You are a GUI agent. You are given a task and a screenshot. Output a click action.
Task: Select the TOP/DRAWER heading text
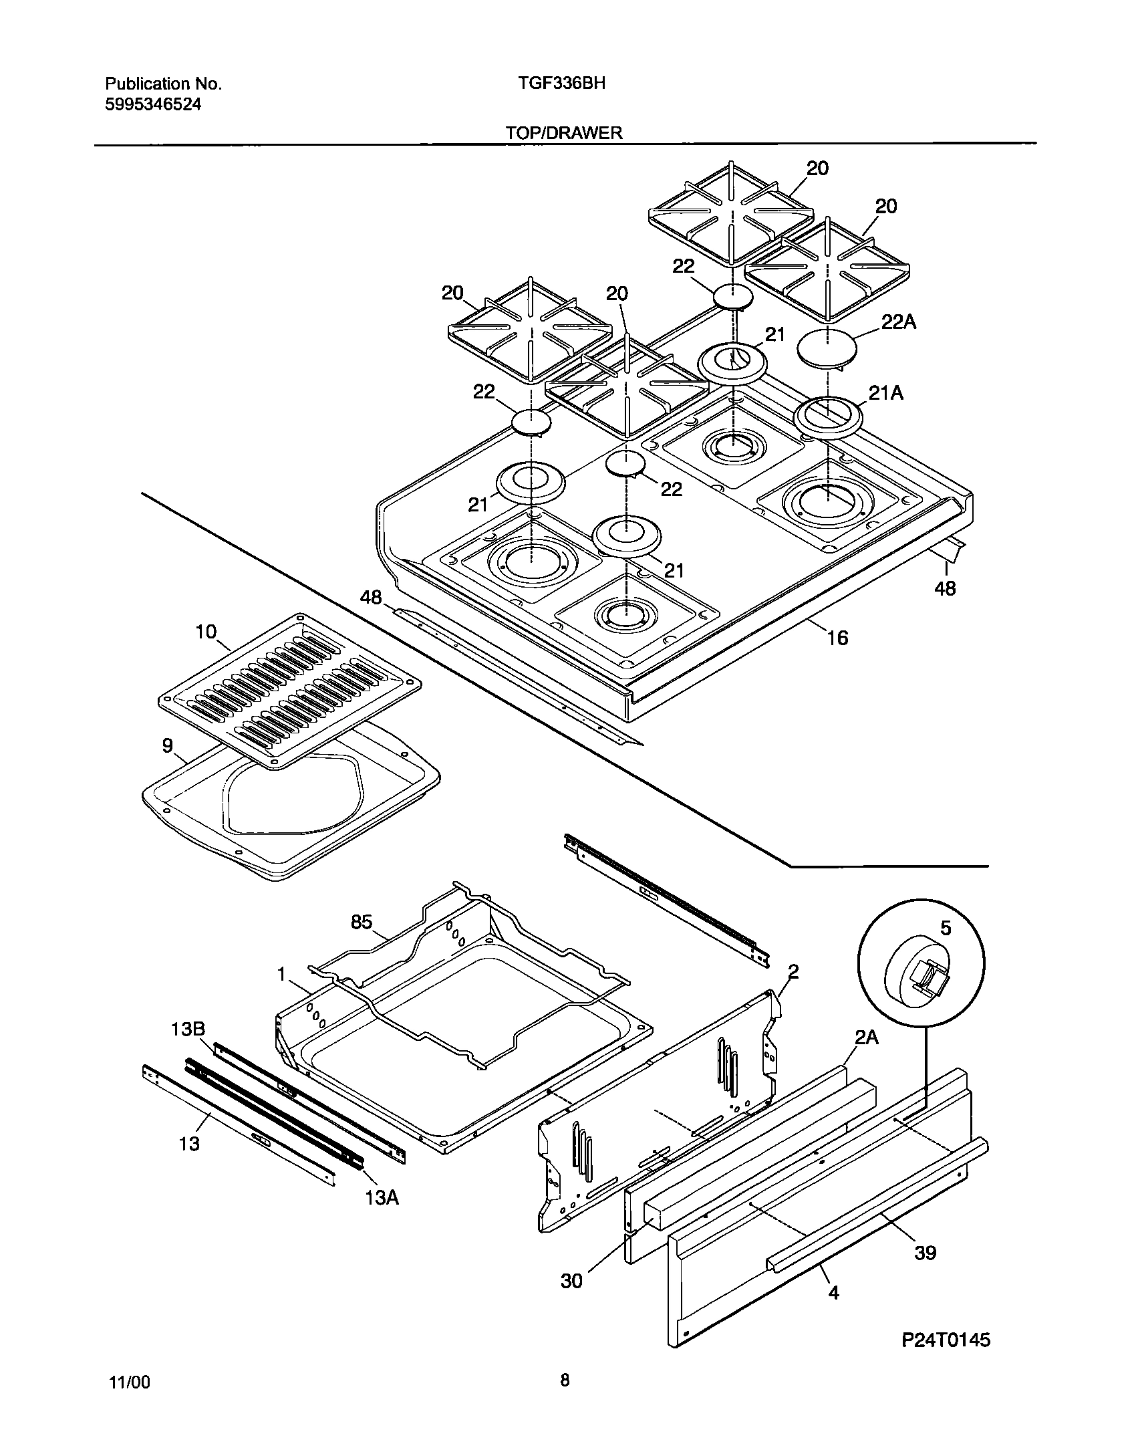(563, 132)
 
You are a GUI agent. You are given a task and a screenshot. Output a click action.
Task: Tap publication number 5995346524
(153, 104)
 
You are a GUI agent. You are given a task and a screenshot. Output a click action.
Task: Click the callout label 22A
(899, 322)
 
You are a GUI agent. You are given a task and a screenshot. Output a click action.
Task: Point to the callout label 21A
(885, 394)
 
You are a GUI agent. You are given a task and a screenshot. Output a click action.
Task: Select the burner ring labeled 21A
(828, 418)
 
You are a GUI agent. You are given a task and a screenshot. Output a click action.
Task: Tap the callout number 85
(362, 922)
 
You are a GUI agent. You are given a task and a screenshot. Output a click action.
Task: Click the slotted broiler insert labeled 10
(289, 689)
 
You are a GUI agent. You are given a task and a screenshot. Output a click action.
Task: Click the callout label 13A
(382, 1197)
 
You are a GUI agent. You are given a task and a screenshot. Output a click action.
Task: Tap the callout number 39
(926, 1252)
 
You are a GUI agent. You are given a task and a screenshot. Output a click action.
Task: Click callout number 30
(571, 1281)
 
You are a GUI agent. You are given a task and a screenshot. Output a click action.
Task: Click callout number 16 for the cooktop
(837, 638)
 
